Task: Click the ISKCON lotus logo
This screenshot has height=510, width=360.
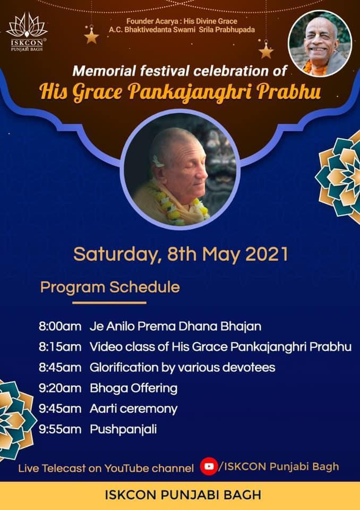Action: (27, 32)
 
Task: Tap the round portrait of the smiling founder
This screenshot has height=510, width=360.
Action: (320, 44)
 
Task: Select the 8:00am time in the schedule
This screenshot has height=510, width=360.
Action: (60, 326)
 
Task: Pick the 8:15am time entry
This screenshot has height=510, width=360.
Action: (60, 347)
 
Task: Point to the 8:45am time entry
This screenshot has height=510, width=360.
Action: (60, 368)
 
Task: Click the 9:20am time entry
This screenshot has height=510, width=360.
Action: (60, 388)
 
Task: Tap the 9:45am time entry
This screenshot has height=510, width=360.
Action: (60, 409)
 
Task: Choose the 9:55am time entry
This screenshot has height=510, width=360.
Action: (60, 429)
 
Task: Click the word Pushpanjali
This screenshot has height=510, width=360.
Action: (123, 430)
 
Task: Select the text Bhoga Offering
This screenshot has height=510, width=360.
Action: (134, 389)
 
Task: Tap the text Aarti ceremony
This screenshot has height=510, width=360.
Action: (134, 409)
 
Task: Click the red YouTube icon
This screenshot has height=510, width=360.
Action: (209, 466)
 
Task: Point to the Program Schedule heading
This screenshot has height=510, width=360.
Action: (110, 287)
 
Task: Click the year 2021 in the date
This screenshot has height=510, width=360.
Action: (267, 254)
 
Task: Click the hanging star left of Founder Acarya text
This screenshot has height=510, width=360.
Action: (91, 35)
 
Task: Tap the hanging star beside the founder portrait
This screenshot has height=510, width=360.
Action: (265, 50)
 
